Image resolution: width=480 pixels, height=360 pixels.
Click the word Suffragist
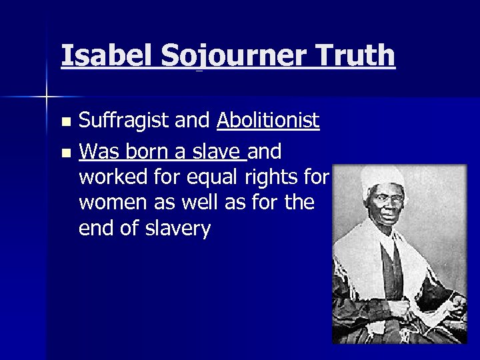pos(123,121)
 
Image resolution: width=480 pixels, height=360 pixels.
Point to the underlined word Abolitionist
pos(267,121)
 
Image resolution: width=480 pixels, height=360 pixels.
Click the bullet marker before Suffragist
pos(65,123)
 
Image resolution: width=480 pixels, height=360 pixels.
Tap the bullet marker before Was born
pos(65,154)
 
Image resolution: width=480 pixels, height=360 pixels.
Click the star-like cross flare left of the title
pos(47,97)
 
